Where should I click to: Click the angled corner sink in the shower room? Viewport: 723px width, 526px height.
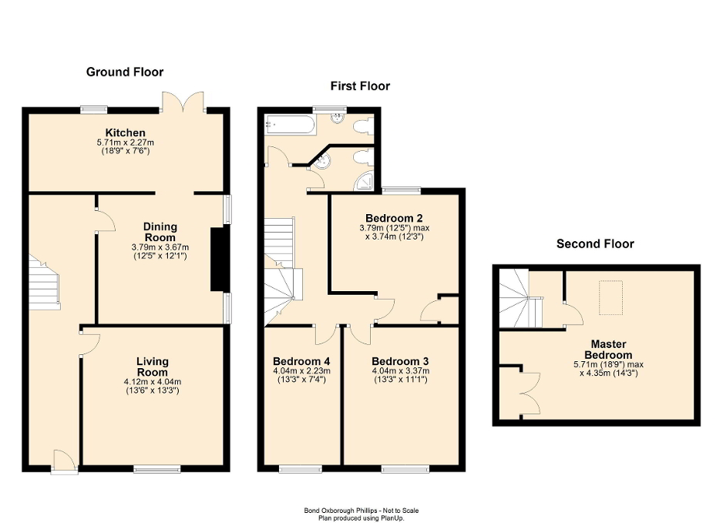click(x=321, y=161)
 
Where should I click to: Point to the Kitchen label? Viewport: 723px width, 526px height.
click(x=126, y=133)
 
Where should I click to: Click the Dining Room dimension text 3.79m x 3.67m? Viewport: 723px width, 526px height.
click(x=160, y=247)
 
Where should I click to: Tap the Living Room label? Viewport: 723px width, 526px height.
click(x=152, y=367)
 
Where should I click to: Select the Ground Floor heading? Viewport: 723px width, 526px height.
click(x=125, y=72)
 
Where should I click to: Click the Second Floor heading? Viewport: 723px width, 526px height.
click(x=595, y=244)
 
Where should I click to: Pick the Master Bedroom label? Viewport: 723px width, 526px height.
click(x=608, y=350)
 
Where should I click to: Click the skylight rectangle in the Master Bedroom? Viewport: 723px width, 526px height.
click(x=612, y=298)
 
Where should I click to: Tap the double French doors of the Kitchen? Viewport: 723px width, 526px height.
click(x=183, y=102)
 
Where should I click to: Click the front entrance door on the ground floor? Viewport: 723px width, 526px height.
click(x=64, y=461)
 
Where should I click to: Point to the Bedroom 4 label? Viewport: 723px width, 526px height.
click(x=301, y=361)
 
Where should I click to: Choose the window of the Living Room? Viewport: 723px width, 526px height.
click(x=156, y=467)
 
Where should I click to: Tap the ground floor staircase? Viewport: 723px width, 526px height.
click(x=44, y=283)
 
